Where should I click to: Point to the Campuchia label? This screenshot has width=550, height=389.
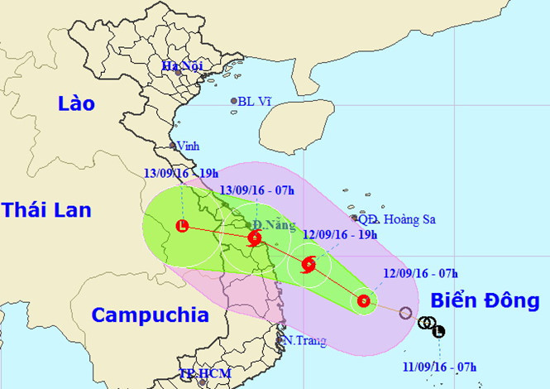point(150,315)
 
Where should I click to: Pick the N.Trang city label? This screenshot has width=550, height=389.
point(304,340)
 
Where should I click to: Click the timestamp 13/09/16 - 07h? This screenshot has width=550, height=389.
point(257,190)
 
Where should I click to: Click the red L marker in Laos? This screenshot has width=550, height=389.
point(182,226)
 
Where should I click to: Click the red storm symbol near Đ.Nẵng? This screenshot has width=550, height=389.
point(254,238)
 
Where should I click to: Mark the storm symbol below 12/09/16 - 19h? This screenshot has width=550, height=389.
point(308,265)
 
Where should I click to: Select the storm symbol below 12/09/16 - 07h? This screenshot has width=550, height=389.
point(363,301)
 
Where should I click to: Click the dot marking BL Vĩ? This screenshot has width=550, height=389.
point(234,103)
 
